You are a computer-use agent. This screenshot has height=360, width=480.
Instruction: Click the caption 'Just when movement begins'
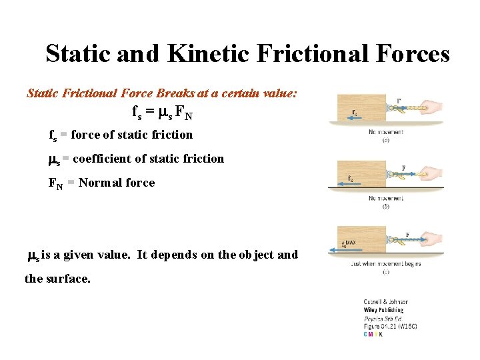(385, 264)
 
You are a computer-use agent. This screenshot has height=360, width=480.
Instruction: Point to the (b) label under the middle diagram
(386, 207)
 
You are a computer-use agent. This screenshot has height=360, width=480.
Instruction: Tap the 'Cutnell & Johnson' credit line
(386, 301)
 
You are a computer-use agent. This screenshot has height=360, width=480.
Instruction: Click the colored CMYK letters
(373, 333)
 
